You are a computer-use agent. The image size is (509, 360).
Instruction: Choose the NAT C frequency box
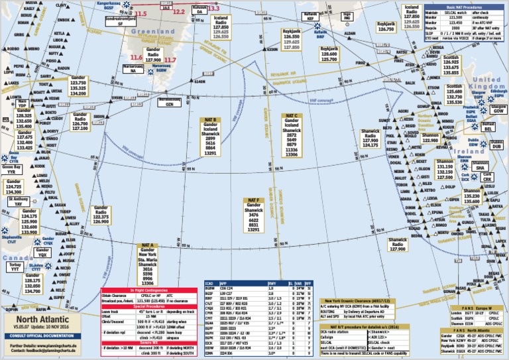tap(292, 137)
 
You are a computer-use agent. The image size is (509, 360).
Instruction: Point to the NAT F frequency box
tap(253, 215)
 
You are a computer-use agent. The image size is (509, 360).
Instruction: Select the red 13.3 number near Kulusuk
tap(213, 9)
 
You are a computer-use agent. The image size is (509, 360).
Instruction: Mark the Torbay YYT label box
tap(15, 267)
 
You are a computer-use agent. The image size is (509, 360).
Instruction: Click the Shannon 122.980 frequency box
tap(430, 137)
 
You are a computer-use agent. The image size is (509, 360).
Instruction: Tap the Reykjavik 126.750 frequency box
tap(386, 26)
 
